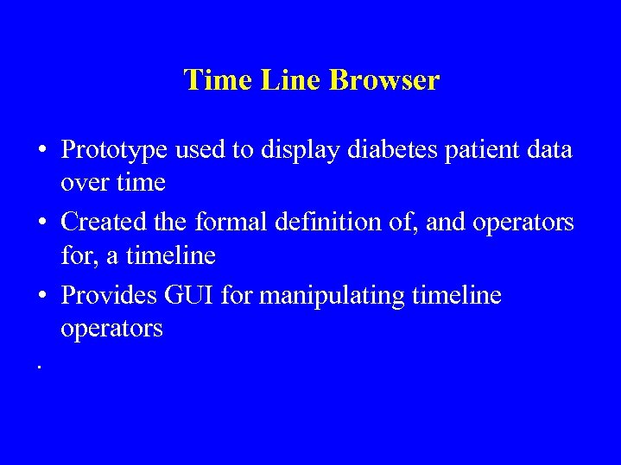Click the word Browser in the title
coord(384,80)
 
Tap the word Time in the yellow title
coord(212,80)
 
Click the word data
coord(547,150)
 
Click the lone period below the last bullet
coord(40,368)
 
